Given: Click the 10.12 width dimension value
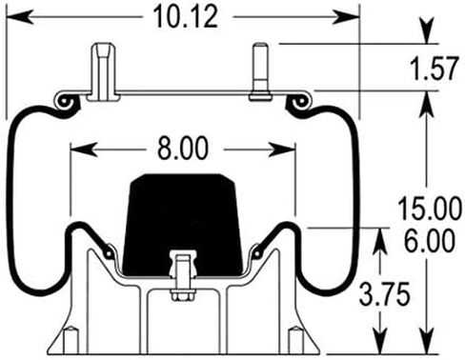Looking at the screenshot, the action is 186,17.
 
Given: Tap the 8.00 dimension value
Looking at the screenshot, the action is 183,149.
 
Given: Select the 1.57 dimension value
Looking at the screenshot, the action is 435,68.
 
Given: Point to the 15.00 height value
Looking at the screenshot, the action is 430,208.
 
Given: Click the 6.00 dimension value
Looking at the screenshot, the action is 430,240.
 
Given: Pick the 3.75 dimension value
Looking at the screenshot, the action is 385,294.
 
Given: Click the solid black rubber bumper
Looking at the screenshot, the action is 183,225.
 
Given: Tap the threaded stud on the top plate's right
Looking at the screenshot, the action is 260,72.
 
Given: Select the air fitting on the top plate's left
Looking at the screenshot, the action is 103,72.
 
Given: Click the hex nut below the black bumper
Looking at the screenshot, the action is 183,295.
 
